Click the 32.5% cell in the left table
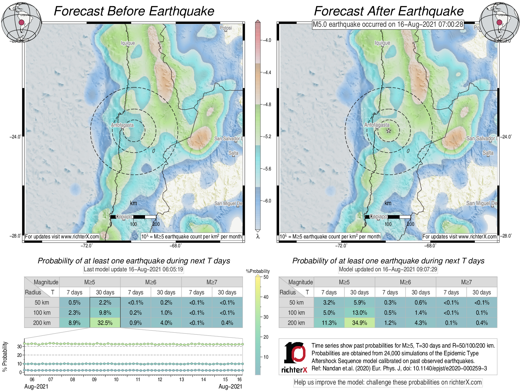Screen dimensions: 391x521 [x=105, y=323]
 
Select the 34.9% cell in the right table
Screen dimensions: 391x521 [x=359, y=323]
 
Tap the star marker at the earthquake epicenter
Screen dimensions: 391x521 [x=389, y=131]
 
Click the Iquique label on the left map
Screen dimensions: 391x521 [x=128, y=43]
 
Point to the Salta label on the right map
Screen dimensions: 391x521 [x=488, y=153]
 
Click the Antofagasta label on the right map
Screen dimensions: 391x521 [x=377, y=125]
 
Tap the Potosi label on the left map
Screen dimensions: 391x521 [x=226, y=28]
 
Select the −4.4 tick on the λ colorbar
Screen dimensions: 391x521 [x=267, y=73]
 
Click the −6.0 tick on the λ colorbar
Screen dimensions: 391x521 [x=267, y=201]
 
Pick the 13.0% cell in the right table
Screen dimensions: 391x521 [x=359, y=313]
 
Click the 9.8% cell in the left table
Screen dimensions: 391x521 [x=105, y=313]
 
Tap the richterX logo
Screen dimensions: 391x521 [x=294, y=357]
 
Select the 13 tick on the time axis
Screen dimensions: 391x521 [x=182, y=380]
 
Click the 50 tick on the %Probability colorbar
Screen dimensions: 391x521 [x=266, y=277]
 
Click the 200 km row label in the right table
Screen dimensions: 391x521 [x=296, y=323]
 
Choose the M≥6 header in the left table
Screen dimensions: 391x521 [x=151, y=282]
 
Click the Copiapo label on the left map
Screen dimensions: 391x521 [x=124, y=217]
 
